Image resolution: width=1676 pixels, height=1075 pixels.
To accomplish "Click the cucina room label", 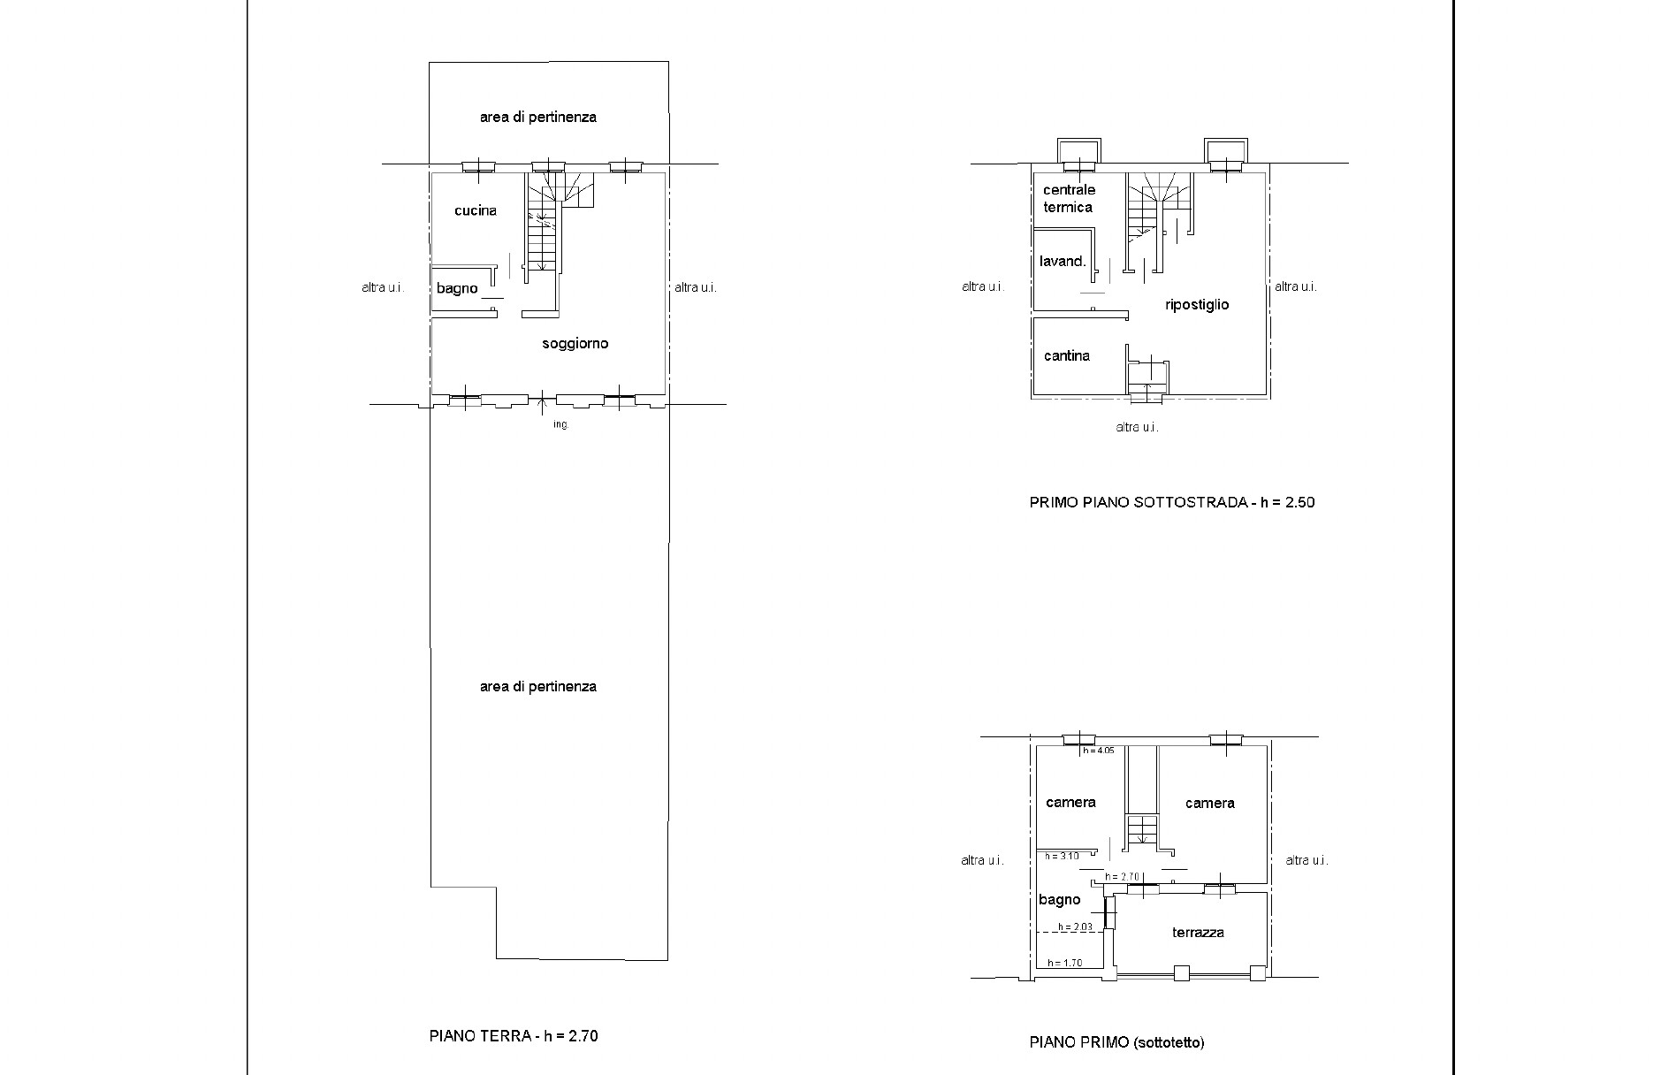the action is coord(476,210).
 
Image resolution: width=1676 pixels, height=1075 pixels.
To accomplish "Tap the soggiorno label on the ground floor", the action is coord(575,344).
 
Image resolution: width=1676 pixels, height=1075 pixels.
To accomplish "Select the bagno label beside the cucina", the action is coord(457,288).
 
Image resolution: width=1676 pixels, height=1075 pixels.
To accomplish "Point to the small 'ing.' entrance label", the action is coord(561,425).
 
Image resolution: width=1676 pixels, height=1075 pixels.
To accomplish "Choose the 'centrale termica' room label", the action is coord(1069,198).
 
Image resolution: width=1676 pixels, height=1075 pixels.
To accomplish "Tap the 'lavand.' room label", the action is coord(1063,261).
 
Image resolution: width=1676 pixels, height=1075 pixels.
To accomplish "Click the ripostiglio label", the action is coord(1197,304).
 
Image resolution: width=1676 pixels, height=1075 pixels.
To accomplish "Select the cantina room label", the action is coord(1067,355).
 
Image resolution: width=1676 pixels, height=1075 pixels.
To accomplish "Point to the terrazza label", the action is coord(1198,932).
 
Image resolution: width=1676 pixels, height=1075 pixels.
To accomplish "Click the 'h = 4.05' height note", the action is coord(1099,751).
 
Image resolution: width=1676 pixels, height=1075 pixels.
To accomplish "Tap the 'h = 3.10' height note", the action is coord(1062,856).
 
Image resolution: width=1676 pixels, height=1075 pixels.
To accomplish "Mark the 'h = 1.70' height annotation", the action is coord(1064,963).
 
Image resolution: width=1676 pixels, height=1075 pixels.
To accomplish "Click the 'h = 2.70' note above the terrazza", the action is coord(1121,877).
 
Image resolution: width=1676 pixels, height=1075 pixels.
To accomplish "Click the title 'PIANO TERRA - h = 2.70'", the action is coord(514,1036).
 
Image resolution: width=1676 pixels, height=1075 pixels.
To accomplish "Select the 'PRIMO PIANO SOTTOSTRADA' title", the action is coord(1139,502).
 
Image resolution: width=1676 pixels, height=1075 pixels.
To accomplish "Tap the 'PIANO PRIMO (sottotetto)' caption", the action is coord(1116,1042).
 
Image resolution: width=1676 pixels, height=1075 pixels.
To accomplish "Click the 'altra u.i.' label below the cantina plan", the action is coord(1137,427).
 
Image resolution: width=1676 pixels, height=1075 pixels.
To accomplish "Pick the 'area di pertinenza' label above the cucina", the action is coord(538,117).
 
